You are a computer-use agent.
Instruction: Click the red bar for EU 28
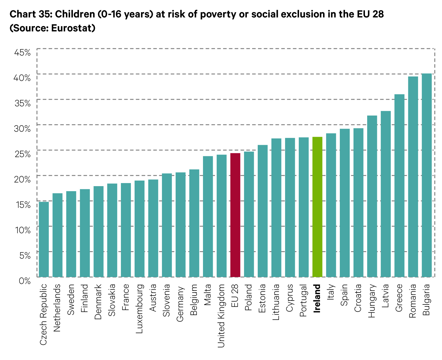point(235,215)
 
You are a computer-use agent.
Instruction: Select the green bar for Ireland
point(317,207)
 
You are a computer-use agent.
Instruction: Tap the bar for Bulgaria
point(426,175)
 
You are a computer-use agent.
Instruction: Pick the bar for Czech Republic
point(44,239)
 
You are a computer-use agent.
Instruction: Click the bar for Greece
point(399,186)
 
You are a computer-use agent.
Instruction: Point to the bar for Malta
point(208,216)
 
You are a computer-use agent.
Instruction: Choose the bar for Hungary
point(372,196)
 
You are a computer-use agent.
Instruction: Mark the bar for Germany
point(180,225)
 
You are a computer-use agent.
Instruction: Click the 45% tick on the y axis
point(22,52)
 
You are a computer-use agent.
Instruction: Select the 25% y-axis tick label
point(22,154)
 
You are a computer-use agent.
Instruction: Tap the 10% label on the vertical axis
point(23,230)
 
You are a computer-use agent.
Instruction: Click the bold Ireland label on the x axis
point(317,298)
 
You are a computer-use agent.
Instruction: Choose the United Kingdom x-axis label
point(221,316)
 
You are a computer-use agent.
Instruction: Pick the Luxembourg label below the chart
point(139,308)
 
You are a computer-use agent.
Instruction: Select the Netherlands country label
point(57,308)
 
